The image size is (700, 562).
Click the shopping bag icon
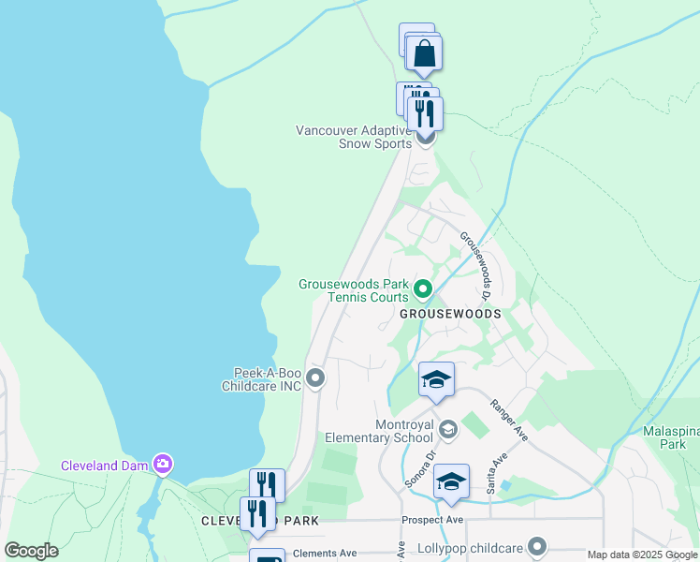425,54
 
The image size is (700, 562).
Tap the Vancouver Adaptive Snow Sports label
353,137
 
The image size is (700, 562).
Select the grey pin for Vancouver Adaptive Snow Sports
425,139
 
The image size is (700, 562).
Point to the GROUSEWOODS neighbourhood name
450,314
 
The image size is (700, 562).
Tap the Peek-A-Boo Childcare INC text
261,378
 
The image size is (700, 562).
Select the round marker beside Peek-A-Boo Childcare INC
315,378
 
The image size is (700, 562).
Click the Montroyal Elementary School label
378,431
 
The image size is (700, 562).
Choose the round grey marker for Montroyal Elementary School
448,429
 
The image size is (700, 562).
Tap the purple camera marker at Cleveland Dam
164,464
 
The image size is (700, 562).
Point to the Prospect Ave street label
432,519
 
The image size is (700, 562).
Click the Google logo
31,551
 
